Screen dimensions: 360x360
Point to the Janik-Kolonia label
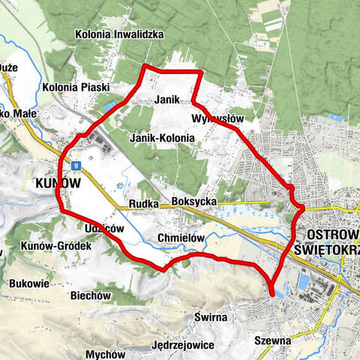point(162,139)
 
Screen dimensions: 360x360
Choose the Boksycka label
point(193,202)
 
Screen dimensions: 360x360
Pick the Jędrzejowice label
point(184,345)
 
